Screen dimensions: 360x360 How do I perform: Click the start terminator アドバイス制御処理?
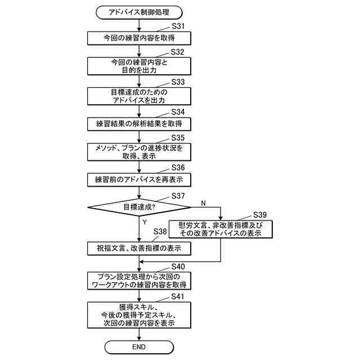[x=138, y=11]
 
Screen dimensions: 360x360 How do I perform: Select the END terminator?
[x=138, y=347]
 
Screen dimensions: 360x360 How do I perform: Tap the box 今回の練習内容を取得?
[x=138, y=38]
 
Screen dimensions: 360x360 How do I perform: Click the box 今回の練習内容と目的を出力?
[x=138, y=66]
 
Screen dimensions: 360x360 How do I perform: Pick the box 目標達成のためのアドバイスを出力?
[x=138, y=96]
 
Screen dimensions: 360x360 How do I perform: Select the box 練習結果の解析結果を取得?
[x=138, y=123]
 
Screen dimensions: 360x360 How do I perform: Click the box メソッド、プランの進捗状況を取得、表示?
[x=138, y=151]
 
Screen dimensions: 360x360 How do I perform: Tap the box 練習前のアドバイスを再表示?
[x=138, y=179]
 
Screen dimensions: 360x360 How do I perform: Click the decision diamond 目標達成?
[x=138, y=207]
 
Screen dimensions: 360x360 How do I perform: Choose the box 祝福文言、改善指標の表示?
[x=138, y=247]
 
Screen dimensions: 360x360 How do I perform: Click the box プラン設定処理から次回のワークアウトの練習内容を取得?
[x=138, y=280]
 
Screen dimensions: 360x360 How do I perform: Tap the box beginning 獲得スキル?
[x=138, y=315]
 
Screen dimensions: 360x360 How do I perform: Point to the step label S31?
[x=178, y=26]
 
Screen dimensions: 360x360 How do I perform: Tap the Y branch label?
[x=145, y=222]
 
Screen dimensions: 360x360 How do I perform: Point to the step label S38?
[x=160, y=231]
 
